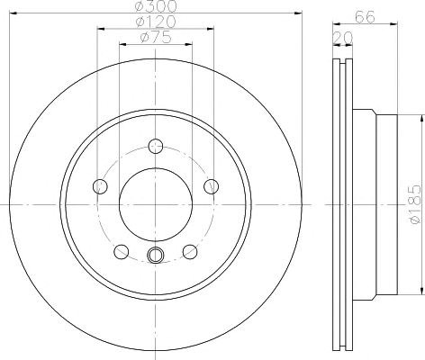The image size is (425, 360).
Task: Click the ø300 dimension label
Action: click(156, 5)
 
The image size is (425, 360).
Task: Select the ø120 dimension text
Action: click(156, 22)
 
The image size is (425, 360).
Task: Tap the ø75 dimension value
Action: click(156, 37)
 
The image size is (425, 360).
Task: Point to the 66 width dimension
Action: click(365, 17)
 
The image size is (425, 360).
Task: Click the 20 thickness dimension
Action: click(342, 38)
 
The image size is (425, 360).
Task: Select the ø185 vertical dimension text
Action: click(418, 204)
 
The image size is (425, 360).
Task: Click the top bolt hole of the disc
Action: click(156, 147)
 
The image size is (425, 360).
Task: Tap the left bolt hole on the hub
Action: click(100, 186)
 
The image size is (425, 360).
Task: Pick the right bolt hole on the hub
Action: click(212, 186)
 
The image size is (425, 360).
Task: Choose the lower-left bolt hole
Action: click(122, 251)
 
